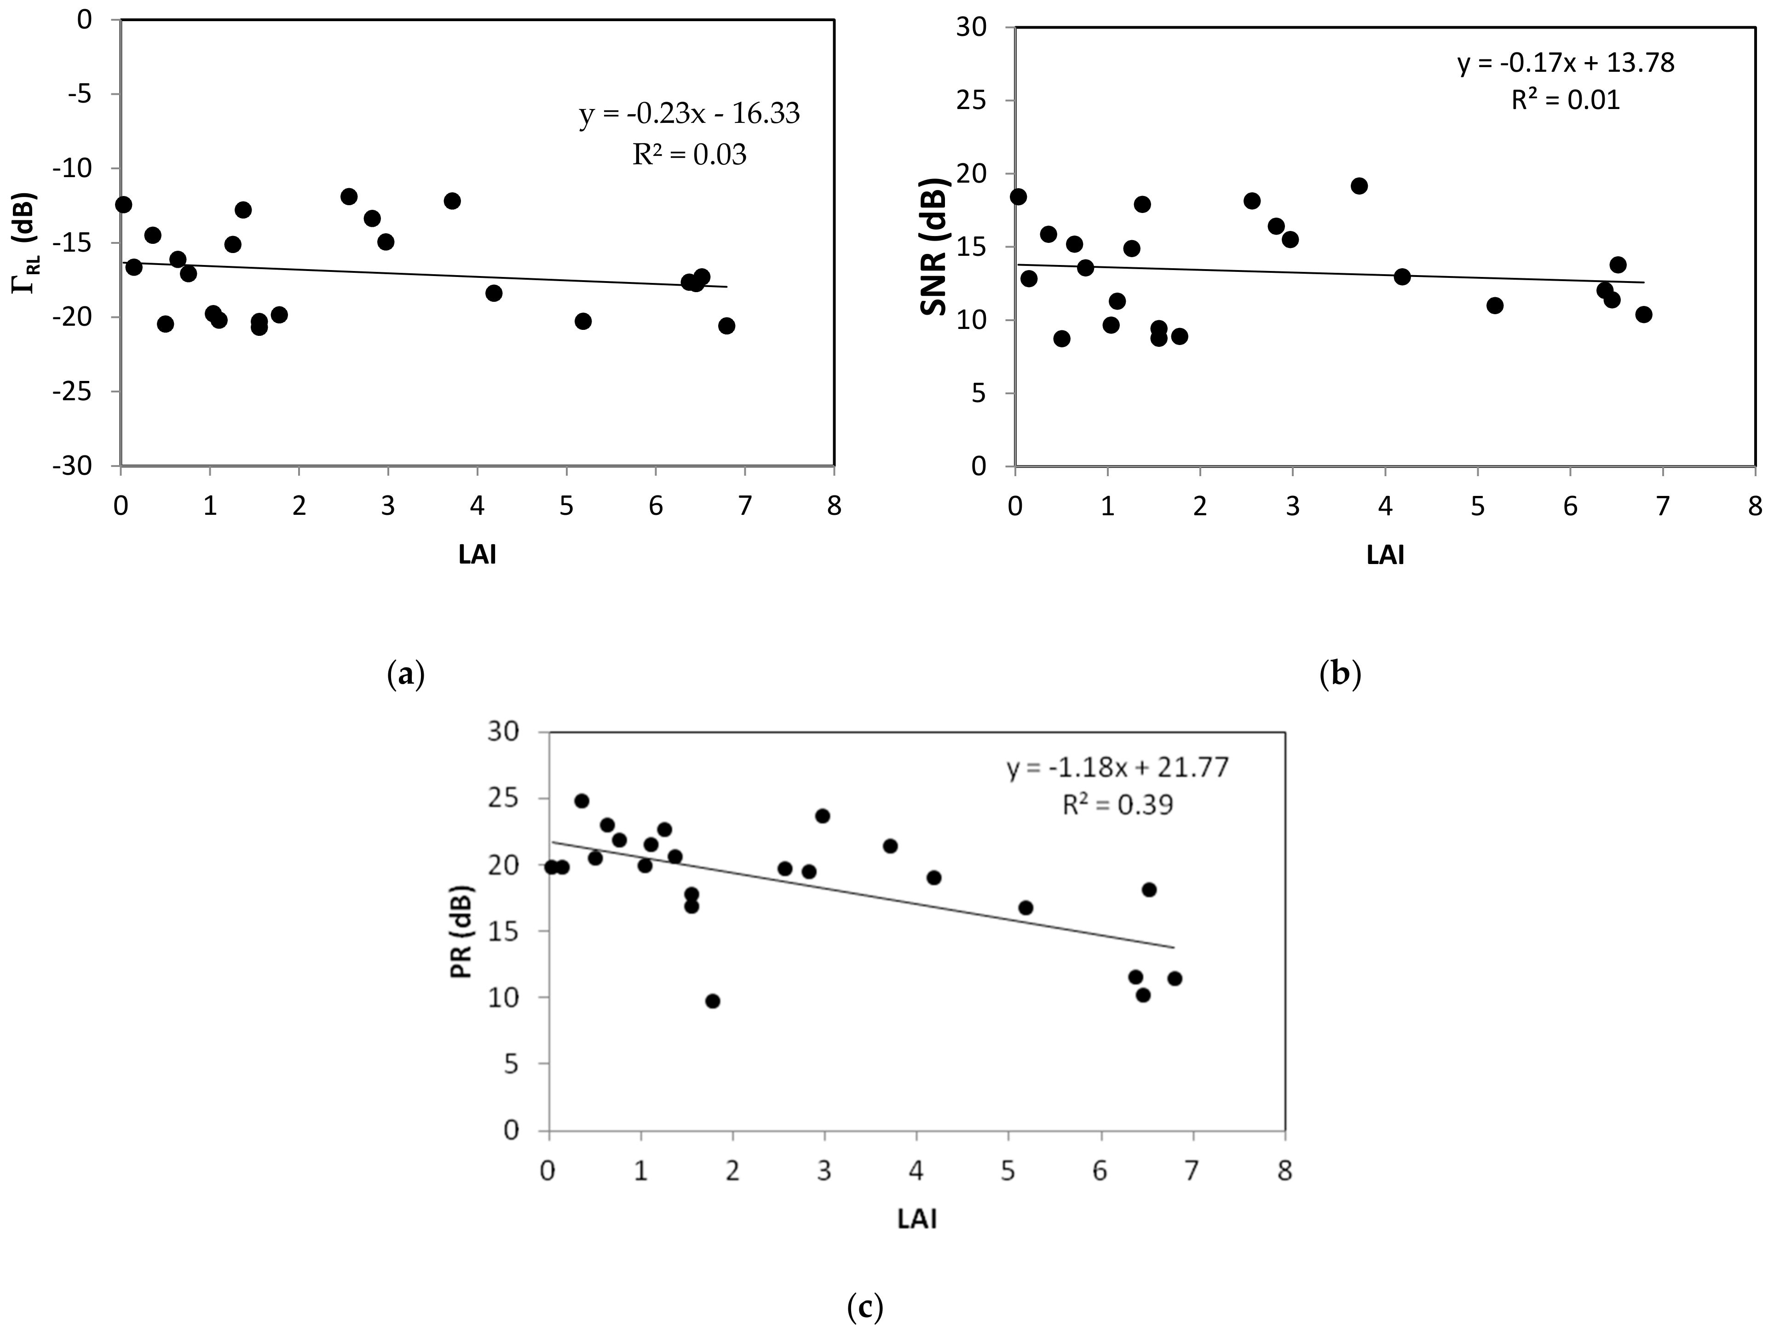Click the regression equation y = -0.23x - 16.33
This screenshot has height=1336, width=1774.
pos(689,114)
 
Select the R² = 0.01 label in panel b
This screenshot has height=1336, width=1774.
pos(1566,100)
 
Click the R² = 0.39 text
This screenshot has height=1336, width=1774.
pos(1117,804)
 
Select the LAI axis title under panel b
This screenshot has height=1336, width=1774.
pos(1385,555)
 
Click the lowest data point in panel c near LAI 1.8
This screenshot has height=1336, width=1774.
pos(712,1001)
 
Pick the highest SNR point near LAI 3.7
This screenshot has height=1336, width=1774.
pos(1359,186)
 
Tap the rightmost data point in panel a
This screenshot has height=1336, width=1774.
pos(726,326)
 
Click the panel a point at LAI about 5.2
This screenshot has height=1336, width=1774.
pos(583,321)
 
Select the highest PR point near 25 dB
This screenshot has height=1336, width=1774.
pos(582,801)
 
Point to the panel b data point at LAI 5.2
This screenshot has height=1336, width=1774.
pos(1494,305)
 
